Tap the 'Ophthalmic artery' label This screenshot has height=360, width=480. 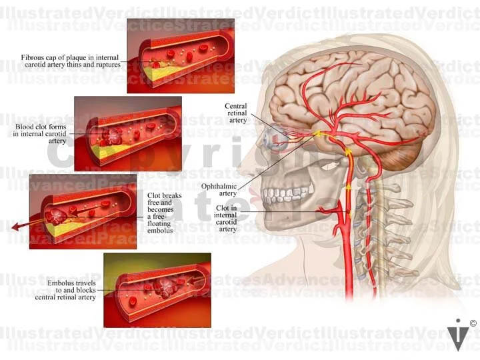[x=228, y=189]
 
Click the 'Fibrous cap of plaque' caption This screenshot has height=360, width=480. [x=70, y=61]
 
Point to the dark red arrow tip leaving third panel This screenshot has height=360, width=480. [x=15, y=227]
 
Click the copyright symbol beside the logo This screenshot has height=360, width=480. [x=472, y=323]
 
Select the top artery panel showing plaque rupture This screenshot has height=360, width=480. [x=180, y=55]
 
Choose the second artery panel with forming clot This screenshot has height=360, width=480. [x=127, y=131]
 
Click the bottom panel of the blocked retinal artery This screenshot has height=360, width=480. [x=157, y=289]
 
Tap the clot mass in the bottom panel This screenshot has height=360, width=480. [x=163, y=287]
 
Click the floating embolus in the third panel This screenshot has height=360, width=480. [x=56, y=215]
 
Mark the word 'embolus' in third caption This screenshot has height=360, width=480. [x=159, y=231]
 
